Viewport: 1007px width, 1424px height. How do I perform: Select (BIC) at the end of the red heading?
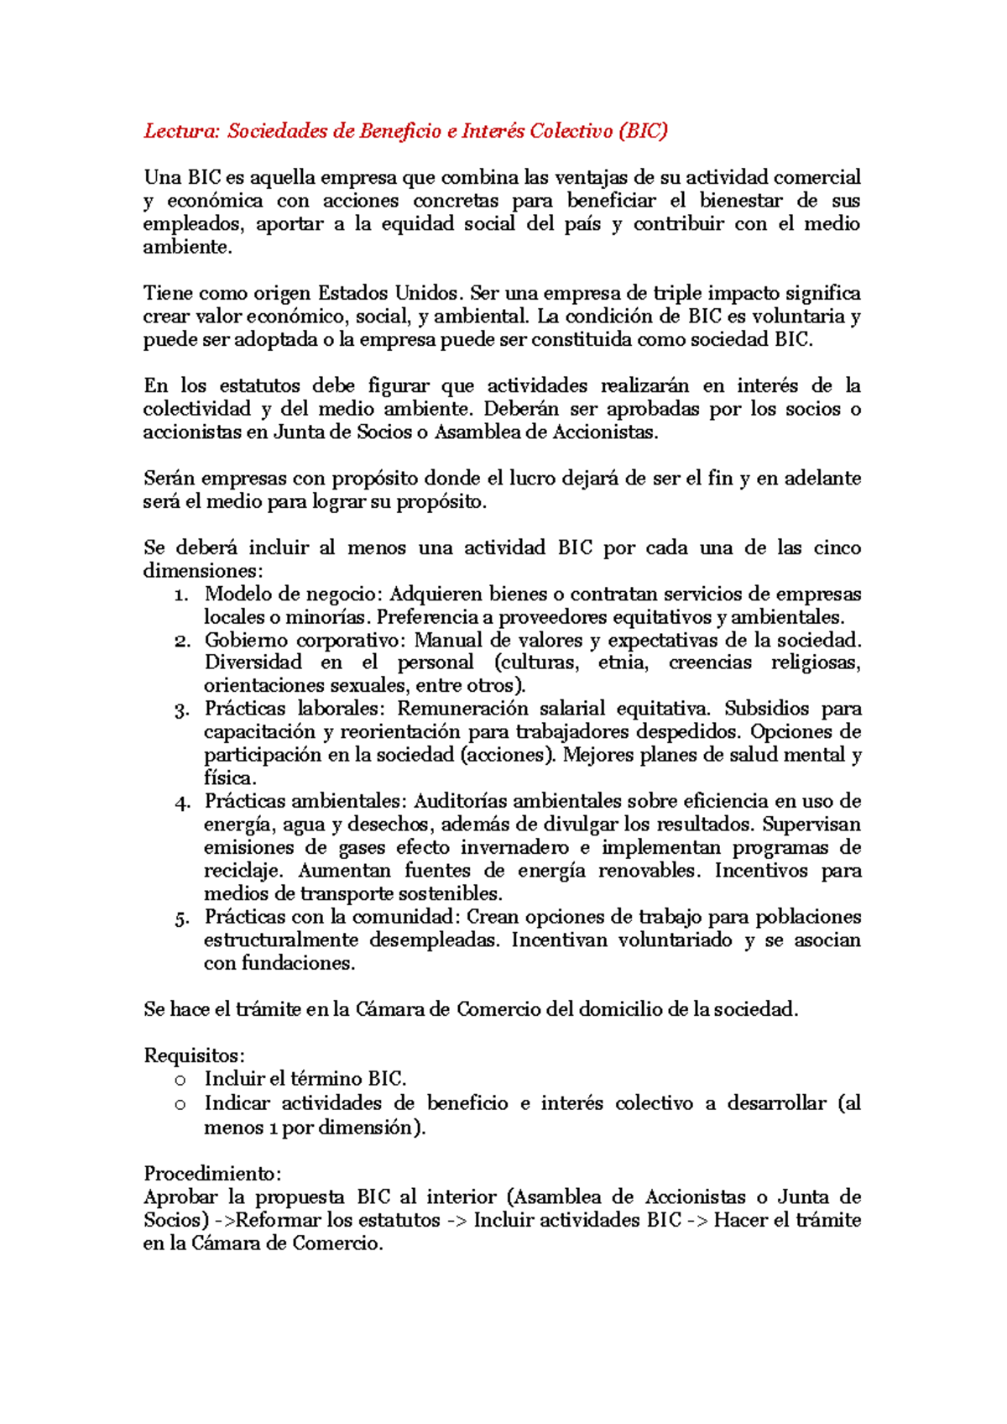click(643, 131)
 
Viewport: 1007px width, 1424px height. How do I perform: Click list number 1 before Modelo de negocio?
click(181, 595)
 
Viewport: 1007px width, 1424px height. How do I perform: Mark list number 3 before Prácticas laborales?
click(181, 710)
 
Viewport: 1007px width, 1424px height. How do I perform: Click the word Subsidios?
click(766, 709)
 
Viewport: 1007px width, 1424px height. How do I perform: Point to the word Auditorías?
click(457, 802)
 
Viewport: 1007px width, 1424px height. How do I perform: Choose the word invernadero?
click(514, 848)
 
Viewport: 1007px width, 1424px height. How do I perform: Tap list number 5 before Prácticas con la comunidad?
click(181, 919)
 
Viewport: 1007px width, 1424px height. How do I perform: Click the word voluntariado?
click(675, 940)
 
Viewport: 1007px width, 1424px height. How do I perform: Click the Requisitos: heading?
click(194, 1056)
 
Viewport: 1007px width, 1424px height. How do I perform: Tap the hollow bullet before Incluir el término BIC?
click(180, 1081)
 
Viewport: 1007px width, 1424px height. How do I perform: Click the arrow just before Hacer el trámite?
click(697, 1221)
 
